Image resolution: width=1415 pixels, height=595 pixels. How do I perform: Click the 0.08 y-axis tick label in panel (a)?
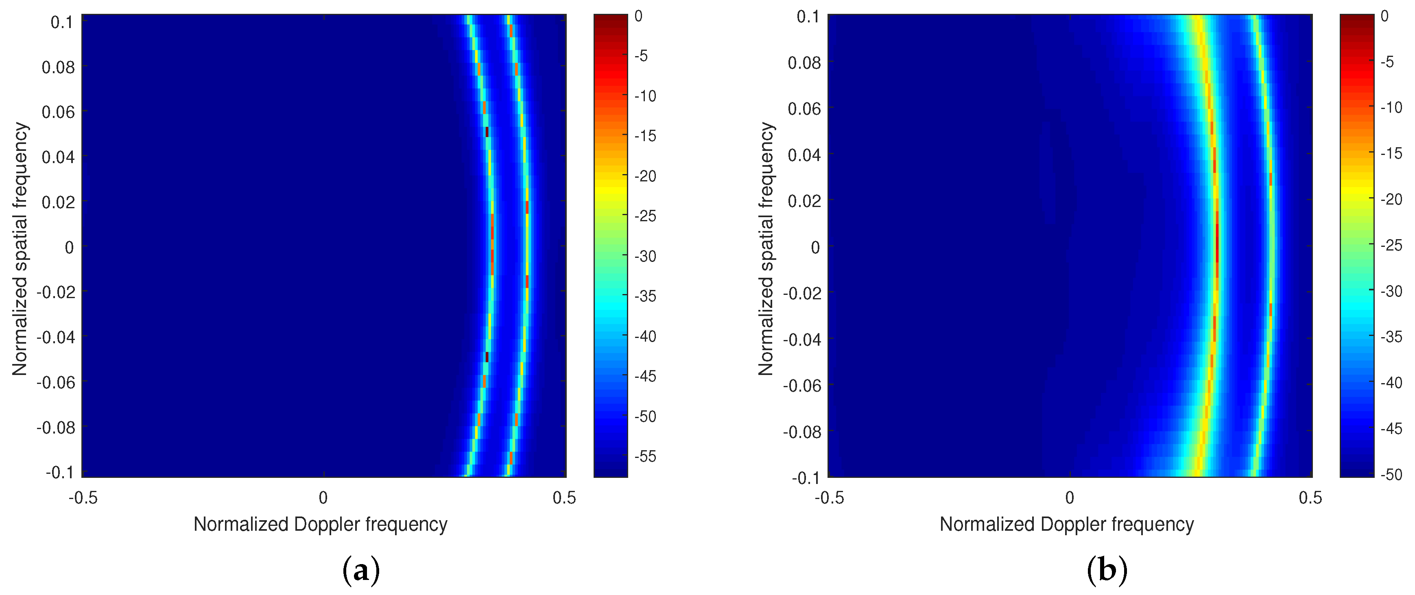click(58, 68)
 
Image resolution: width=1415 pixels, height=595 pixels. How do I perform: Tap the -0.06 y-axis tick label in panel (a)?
click(55, 382)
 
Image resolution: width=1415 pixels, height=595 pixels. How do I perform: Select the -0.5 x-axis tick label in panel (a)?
click(83, 498)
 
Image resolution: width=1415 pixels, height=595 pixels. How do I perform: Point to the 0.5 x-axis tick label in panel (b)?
click(1310, 498)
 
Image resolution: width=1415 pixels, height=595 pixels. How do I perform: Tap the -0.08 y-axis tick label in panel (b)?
click(801, 432)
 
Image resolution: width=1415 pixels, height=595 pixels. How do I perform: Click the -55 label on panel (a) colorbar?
click(645, 456)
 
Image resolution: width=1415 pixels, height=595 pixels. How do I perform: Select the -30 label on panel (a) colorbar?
click(645, 256)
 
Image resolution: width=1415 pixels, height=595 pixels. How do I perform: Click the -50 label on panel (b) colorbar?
click(1391, 474)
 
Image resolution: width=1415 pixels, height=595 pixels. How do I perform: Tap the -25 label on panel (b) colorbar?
click(1391, 245)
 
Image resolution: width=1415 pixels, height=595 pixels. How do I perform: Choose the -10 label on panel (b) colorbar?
click(1391, 108)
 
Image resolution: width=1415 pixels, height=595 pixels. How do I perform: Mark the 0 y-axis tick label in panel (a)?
click(69, 248)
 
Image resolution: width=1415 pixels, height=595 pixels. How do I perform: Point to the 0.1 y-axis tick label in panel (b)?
click(808, 17)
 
